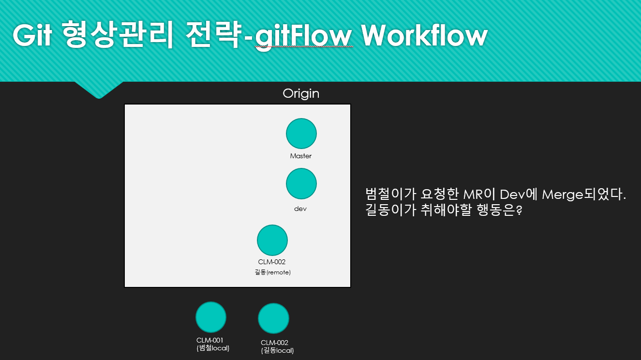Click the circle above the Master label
pos(301,134)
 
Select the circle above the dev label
pos(301,183)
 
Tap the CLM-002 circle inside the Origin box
pos(272,240)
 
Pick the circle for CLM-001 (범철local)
pos(211,317)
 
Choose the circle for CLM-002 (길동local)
pos(273,318)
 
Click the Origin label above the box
pos(301,94)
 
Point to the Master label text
pos(301,156)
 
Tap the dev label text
pos(300,209)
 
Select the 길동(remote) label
pos(273,272)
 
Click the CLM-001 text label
pos(210,340)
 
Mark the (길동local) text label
pos(277,350)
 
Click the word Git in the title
pos(32,35)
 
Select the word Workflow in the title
pos(424,35)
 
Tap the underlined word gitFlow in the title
pos(303,37)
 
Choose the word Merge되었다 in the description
pos(582,195)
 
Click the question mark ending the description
pos(519,210)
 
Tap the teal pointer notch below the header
pos(99,90)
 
